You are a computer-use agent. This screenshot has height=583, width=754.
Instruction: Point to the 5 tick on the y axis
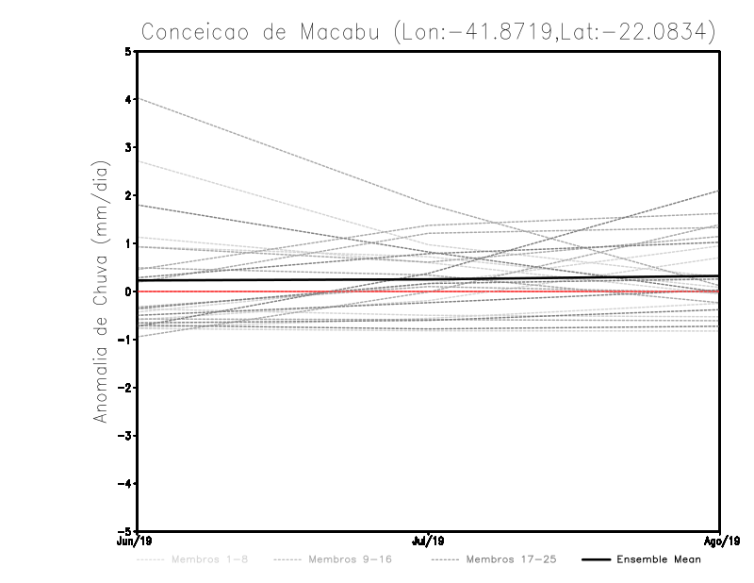[x=128, y=51]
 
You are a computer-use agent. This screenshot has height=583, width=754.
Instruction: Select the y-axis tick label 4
[x=128, y=99]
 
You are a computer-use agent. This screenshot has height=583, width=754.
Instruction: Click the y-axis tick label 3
[x=128, y=147]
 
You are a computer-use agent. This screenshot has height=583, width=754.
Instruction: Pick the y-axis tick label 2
[x=128, y=195]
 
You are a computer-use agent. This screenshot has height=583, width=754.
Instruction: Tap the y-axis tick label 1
[x=128, y=243]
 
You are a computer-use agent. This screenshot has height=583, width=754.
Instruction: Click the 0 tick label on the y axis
[x=128, y=291]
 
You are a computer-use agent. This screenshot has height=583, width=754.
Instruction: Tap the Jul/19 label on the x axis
[x=429, y=541]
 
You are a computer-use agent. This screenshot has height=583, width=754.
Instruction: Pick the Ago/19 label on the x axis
[x=719, y=541]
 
